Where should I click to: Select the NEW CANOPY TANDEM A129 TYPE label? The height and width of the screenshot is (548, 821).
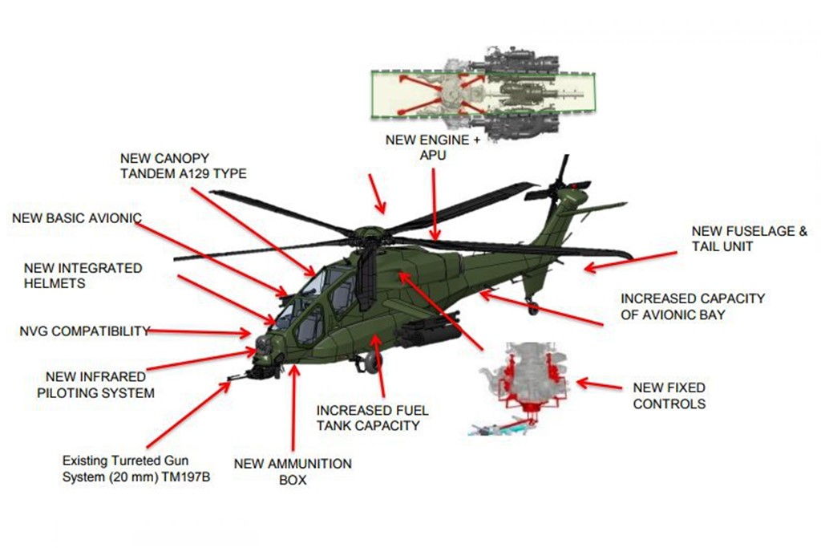pos(184,165)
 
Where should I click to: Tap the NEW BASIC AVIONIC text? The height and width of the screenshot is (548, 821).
pos(77,218)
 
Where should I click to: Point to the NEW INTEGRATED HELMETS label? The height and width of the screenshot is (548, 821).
pos(83,275)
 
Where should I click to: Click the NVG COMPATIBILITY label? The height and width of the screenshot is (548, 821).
pos(85,331)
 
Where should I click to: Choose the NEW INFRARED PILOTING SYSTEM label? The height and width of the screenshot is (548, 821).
pos(99,384)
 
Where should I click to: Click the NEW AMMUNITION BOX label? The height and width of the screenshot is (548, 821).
pos(293,472)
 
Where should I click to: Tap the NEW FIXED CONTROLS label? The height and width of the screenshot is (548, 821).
pos(669,396)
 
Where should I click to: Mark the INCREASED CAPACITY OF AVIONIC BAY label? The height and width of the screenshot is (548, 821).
pos(693,306)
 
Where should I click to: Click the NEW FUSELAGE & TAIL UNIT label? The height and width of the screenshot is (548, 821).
pos(750,239)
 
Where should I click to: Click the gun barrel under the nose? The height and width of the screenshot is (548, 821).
pos(239,375)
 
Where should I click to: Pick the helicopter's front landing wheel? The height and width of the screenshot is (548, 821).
pos(371,364)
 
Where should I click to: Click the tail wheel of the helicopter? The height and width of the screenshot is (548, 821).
pos(532,306)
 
